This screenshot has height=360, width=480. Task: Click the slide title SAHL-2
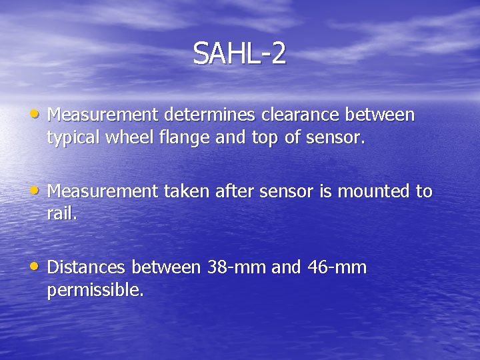click(x=239, y=53)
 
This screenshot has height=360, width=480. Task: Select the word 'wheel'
click(x=123, y=138)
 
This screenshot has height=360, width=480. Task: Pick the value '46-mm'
click(x=337, y=268)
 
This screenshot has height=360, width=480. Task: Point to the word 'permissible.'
click(x=95, y=291)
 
